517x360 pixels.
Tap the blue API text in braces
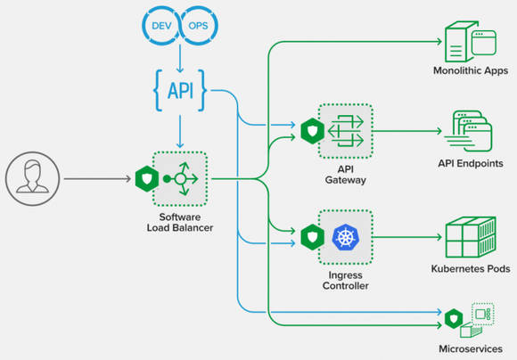[180, 90]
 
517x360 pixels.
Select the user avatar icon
[33, 179]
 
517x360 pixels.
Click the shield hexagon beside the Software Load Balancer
[147, 179]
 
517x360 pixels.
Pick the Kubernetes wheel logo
[345, 237]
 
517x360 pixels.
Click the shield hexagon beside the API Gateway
[313, 131]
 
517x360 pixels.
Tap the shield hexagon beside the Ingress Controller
[313, 237]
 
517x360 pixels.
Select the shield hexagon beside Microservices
[454, 319]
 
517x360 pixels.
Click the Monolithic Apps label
[471, 70]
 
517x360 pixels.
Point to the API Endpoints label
[471, 163]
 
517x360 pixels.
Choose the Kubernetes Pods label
[471, 269]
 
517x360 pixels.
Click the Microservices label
[471, 348]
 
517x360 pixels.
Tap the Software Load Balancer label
[180, 222]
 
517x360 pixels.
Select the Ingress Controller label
[346, 280]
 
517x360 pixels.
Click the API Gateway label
[346, 175]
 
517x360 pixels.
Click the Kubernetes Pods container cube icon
[471, 237]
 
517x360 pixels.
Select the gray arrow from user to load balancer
[97, 179]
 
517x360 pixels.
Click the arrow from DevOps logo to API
[180, 58]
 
